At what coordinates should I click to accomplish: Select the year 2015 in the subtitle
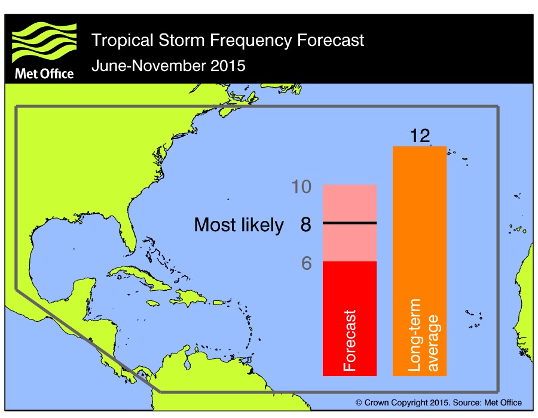tap(227, 65)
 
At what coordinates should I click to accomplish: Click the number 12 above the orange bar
tap(420, 136)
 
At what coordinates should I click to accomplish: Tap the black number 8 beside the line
tap(305, 225)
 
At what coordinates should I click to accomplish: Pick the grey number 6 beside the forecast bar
tap(305, 263)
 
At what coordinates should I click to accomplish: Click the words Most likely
tap(239, 225)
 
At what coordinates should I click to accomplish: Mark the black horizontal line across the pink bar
tap(350, 223)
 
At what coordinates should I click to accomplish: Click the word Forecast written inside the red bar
tap(350, 340)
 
